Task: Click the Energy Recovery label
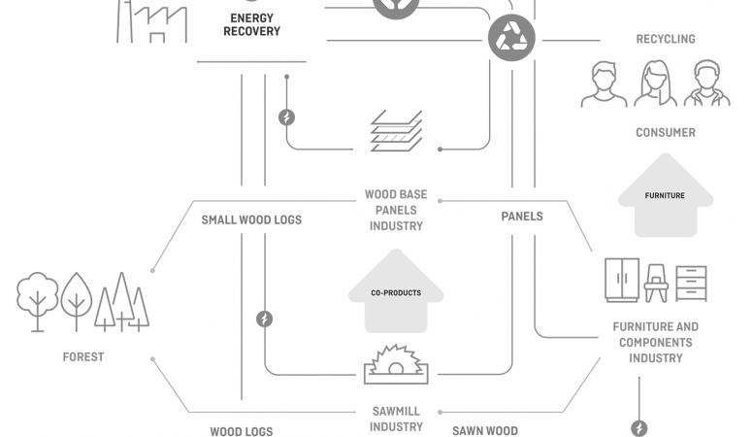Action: click(x=251, y=24)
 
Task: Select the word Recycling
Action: click(x=665, y=39)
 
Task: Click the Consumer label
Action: click(x=665, y=132)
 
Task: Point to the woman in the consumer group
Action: click(x=656, y=84)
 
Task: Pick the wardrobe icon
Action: click(x=621, y=280)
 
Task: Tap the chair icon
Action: click(x=656, y=284)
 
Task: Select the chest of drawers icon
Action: click(x=691, y=283)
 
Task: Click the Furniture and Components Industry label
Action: click(x=655, y=342)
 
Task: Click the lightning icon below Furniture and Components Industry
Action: click(x=638, y=427)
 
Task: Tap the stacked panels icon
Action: click(x=396, y=132)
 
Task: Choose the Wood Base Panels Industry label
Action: click(x=396, y=210)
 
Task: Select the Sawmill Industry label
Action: click(x=396, y=419)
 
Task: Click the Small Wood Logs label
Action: click(x=251, y=219)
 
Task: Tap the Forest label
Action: click(x=83, y=356)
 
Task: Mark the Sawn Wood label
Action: click(x=485, y=430)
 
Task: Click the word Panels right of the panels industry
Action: click(x=522, y=216)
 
